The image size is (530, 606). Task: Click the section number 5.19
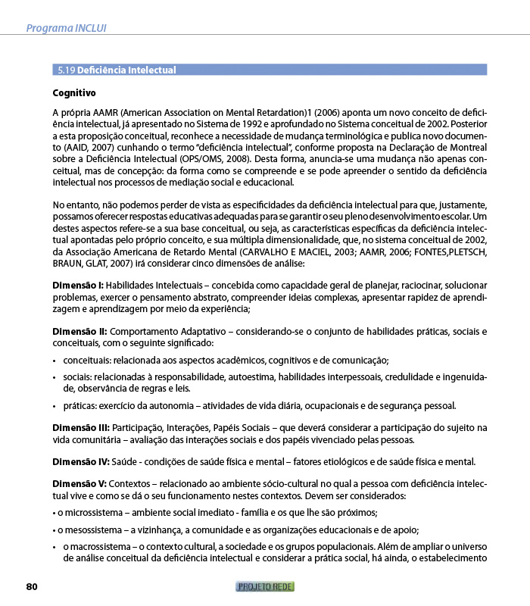(67, 70)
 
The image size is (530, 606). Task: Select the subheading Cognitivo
(73, 93)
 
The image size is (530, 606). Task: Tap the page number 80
(32, 586)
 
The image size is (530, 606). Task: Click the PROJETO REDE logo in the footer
(265, 586)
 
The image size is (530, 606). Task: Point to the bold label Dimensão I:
(78, 285)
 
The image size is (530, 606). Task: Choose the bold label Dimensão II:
(79, 332)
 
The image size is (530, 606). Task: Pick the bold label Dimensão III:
(81, 428)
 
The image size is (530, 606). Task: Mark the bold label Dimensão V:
(79, 483)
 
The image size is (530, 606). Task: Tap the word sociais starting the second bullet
(76, 376)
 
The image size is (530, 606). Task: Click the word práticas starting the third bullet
(79, 405)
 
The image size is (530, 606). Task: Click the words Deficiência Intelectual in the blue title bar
(127, 70)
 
